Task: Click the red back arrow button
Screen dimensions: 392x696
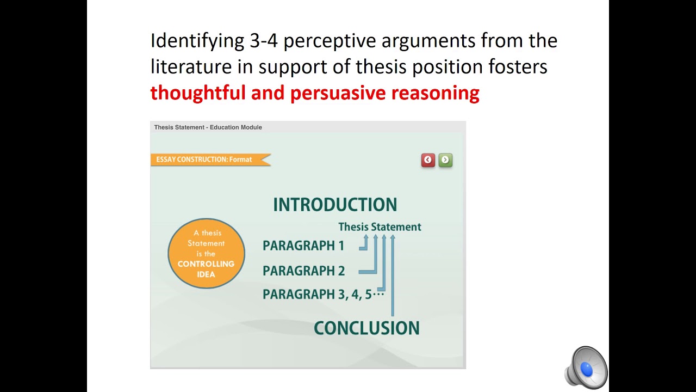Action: pyautogui.click(x=428, y=160)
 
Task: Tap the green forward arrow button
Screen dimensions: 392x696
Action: pyautogui.click(x=445, y=160)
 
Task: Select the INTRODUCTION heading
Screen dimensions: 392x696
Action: pyautogui.click(x=335, y=205)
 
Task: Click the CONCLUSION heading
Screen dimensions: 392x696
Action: pyautogui.click(x=366, y=328)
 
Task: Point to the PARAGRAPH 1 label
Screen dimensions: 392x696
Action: pyautogui.click(x=303, y=246)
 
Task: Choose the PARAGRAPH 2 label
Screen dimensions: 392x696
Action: pyautogui.click(x=303, y=271)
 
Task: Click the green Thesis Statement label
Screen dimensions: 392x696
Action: pyautogui.click(x=380, y=227)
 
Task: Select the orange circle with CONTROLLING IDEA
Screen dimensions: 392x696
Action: pyautogui.click(x=206, y=253)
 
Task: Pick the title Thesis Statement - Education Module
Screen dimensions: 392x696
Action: pyautogui.click(x=208, y=127)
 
